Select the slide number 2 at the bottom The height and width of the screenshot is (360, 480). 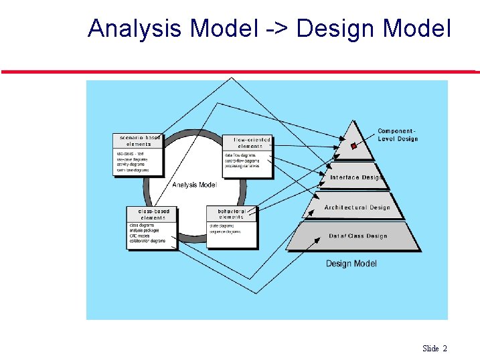[x=445, y=348]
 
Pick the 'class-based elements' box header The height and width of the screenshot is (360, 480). [x=153, y=214]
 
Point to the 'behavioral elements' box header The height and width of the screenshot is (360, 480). [x=232, y=214]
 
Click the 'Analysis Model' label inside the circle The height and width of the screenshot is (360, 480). [x=194, y=185]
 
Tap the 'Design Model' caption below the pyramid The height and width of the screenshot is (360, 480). [x=351, y=264]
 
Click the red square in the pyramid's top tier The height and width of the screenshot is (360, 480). [x=353, y=145]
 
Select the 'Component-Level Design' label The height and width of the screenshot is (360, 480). [x=397, y=135]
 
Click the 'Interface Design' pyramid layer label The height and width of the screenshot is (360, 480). [x=356, y=178]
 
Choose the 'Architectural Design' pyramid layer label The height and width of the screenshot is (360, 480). [x=357, y=207]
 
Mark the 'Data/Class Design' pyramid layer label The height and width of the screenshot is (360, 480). [x=357, y=236]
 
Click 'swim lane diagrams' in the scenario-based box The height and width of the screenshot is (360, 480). [x=133, y=171]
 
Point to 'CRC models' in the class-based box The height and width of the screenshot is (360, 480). [x=140, y=236]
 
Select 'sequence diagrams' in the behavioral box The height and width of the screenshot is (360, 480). [x=226, y=232]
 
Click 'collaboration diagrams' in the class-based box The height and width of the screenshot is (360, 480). [x=147, y=241]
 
